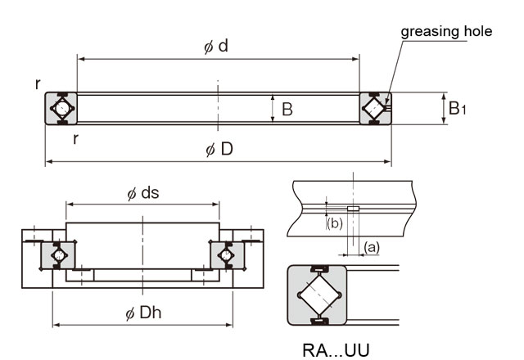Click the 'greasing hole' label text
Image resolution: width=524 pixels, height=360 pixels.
(x=446, y=32)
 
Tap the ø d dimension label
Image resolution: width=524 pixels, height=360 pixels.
(x=216, y=47)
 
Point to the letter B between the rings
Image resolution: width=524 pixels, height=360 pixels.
(x=287, y=109)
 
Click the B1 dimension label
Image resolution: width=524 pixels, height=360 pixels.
(x=458, y=107)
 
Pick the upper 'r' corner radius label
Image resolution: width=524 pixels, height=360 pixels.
(x=38, y=83)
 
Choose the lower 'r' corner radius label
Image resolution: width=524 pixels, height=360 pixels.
(x=75, y=138)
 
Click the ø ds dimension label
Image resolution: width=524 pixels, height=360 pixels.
(x=143, y=193)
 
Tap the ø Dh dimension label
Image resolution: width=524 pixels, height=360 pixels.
(x=145, y=313)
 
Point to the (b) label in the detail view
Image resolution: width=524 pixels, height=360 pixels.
(x=334, y=223)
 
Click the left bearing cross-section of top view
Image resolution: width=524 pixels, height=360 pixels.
(x=61, y=108)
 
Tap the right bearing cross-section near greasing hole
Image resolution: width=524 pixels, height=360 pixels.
(x=376, y=108)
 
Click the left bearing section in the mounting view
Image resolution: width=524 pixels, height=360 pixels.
(x=60, y=255)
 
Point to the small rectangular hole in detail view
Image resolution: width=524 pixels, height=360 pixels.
(x=352, y=209)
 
